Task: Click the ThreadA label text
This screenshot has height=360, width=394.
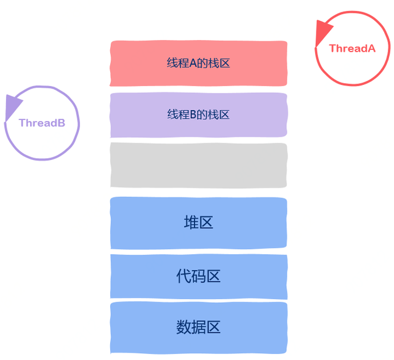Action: click(352, 48)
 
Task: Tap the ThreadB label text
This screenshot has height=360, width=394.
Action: click(42, 122)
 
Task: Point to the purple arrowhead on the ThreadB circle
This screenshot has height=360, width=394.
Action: click(12, 106)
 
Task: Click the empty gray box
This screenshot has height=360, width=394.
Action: click(198, 166)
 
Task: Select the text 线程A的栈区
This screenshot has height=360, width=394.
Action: click(198, 63)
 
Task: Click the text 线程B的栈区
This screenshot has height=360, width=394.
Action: click(198, 114)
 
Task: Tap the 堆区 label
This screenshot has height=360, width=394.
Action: click(198, 222)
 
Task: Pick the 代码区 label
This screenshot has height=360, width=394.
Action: click(198, 276)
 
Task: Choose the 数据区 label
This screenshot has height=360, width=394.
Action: click(198, 327)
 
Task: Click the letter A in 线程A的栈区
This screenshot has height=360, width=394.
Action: click(192, 63)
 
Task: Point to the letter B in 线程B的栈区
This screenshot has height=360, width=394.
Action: click(192, 114)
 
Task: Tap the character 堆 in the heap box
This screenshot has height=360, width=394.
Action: click(191, 222)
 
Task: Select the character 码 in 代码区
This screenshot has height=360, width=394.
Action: click(198, 276)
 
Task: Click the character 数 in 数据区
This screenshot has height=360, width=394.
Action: click(183, 327)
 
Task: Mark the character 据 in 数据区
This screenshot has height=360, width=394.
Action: click(198, 327)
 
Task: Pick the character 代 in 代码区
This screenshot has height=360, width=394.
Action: click(183, 276)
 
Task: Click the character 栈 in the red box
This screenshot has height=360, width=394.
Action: click(213, 63)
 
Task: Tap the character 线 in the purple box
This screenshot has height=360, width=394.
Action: click(172, 114)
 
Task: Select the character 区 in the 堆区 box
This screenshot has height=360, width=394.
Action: click(206, 222)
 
